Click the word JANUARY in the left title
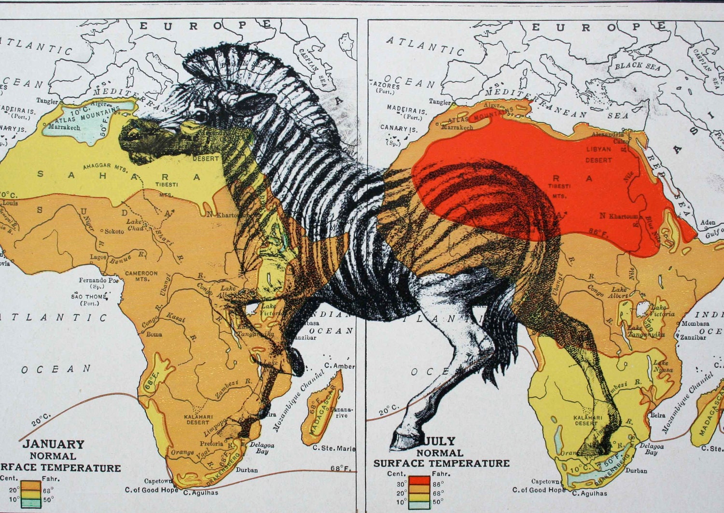point(54,444)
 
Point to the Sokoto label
point(114,231)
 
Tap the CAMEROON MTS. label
point(141,276)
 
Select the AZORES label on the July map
point(386,86)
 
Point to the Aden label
point(708,222)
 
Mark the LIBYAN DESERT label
point(599,154)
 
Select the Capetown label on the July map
point(545,481)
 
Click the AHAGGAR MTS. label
point(104,166)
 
